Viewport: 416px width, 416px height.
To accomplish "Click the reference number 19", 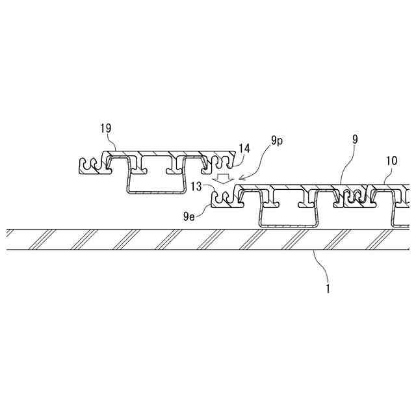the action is (x=107, y=129).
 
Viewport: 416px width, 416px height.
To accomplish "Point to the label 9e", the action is (x=189, y=214).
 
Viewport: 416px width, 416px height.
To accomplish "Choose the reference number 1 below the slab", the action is (x=328, y=287).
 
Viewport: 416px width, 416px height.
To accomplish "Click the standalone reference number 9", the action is (x=354, y=139).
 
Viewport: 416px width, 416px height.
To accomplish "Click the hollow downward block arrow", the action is (x=223, y=177).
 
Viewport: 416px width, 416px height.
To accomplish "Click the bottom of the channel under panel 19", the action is (x=154, y=192).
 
